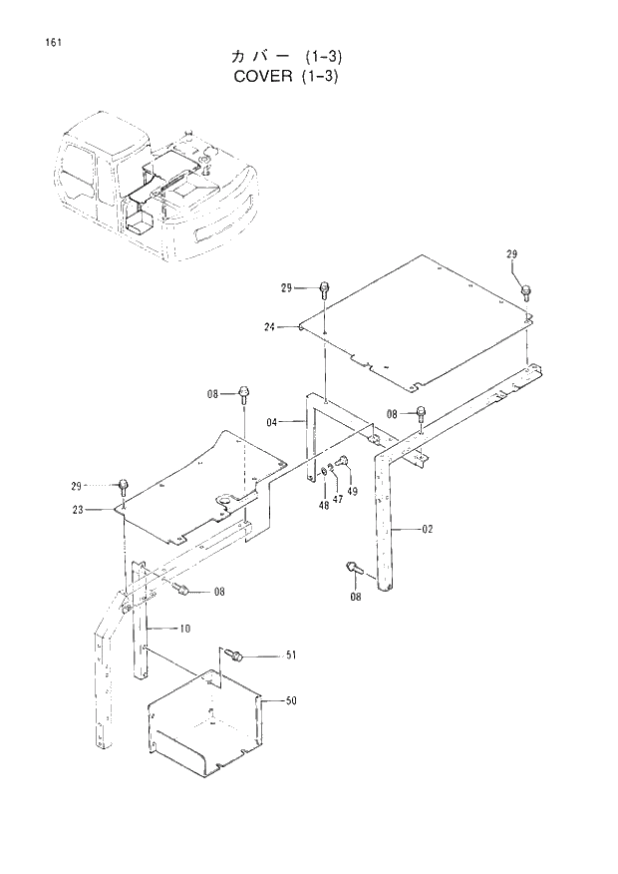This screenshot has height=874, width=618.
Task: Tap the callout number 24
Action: pyautogui.click(x=269, y=326)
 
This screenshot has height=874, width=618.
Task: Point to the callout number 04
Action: pyautogui.click(x=271, y=422)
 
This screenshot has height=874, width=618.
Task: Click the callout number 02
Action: pyautogui.click(x=427, y=530)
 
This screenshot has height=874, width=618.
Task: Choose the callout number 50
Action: pyautogui.click(x=291, y=701)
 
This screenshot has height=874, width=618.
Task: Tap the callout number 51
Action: pyautogui.click(x=291, y=655)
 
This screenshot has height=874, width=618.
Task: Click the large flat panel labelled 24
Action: pyautogui.click(x=419, y=319)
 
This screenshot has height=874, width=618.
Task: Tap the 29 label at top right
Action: pyautogui.click(x=512, y=255)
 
